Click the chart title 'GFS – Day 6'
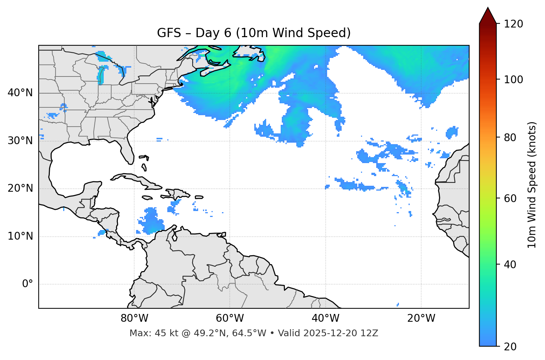pos(254,33)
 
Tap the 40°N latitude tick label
pos(20,93)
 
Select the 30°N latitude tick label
pos(20,141)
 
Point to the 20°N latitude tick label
pos(20,188)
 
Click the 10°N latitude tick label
pos(20,236)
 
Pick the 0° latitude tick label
pos(28,284)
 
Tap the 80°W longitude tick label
pos(134,318)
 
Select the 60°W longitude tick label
pos(230,318)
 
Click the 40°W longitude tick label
pos(325,318)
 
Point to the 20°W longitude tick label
pos(421,318)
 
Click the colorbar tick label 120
pos(513,24)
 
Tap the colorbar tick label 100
pos(513,80)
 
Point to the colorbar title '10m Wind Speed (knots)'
pos(532,185)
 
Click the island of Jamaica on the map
pos(148,198)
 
